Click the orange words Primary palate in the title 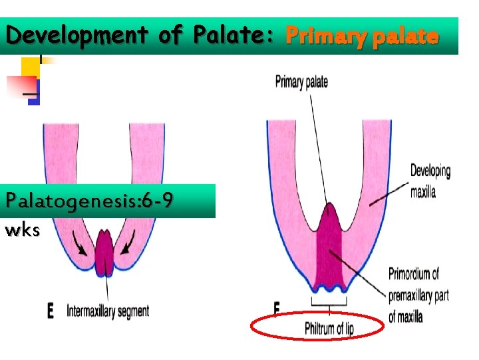coord(362,36)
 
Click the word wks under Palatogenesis coord(22,231)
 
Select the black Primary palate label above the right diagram coord(301,82)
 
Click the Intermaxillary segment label coord(108,310)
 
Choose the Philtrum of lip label coord(329,328)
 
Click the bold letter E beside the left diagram coord(51,311)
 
